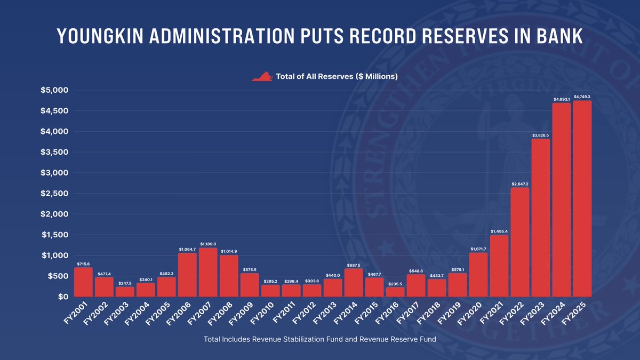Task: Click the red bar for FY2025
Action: tap(582, 198)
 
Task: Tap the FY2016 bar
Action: tap(395, 292)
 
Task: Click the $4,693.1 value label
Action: tap(562, 99)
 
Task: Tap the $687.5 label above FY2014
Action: tap(354, 265)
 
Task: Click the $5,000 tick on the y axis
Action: tap(54, 90)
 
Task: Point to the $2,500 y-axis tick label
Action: tap(54, 194)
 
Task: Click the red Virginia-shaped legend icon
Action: tap(262, 77)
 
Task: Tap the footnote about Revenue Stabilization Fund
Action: tap(320, 340)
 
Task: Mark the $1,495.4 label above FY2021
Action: tap(499, 231)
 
